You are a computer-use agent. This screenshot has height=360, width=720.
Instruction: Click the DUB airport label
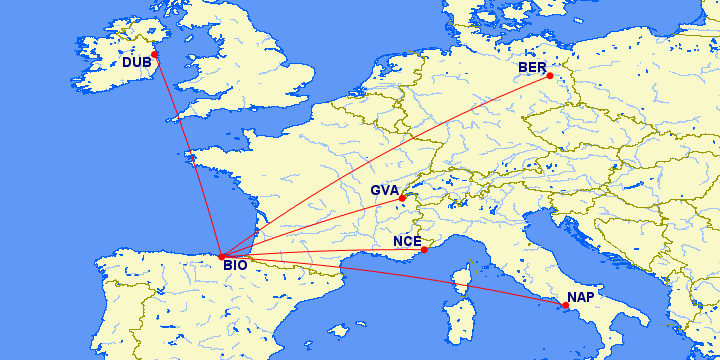[x=137, y=63]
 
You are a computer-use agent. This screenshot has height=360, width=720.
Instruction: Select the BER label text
[x=532, y=68]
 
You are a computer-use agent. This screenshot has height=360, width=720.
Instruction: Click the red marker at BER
[x=550, y=76]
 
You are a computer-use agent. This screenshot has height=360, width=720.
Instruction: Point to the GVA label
[x=385, y=190]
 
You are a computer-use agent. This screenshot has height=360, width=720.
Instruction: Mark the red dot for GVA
[x=402, y=198]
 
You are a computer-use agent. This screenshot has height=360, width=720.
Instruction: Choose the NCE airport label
[x=407, y=241]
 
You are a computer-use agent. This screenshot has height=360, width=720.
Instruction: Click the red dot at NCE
[x=424, y=249]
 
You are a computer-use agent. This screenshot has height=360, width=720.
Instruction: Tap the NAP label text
[x=581, y=298]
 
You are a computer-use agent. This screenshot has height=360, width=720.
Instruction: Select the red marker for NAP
[x=566, y=306]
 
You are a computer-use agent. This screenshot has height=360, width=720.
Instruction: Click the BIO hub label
[x=235, y=266]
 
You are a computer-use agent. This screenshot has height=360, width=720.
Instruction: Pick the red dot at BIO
[x=221, y=256]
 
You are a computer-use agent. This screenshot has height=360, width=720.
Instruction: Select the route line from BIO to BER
[x=385, y=166]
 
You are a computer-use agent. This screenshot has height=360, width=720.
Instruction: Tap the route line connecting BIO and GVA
[x=311, y=227]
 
